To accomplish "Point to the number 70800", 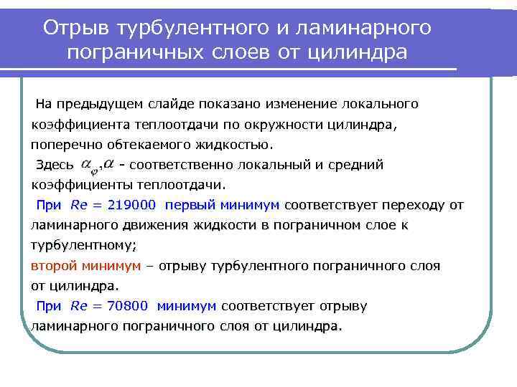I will (127, 307).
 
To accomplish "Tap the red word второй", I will (54, 266).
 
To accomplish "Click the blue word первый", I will (188, 205).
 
